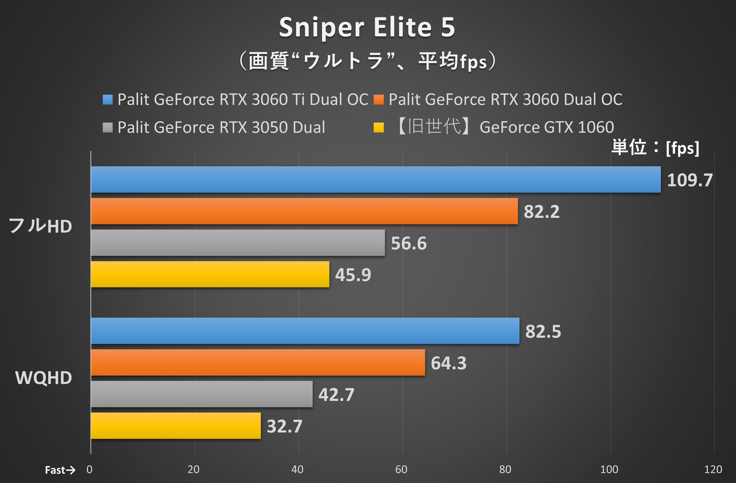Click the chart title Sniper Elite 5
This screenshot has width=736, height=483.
point(367,27)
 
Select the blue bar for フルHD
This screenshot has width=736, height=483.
point(376,179)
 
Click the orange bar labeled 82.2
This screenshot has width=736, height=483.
point(304,211)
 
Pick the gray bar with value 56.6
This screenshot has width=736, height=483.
point(238,242)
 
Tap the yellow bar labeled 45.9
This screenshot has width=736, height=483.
point(210,274)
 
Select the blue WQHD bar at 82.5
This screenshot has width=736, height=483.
point(305,331)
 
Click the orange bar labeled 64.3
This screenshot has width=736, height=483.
point(258,362)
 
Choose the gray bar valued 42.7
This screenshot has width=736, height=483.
point(202,394)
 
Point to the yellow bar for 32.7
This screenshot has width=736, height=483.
point(176,425)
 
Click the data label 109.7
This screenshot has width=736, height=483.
point(690,180)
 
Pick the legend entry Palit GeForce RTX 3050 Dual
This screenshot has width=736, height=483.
point(221,127)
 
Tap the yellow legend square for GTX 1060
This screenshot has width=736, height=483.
point(379,127)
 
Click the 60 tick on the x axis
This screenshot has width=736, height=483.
point(401,469)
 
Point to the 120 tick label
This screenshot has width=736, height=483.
point(713,469)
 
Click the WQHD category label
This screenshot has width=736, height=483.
point(44,378)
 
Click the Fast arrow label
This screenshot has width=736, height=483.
point(60,470)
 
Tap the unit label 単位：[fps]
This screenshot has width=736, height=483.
point(655,148)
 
